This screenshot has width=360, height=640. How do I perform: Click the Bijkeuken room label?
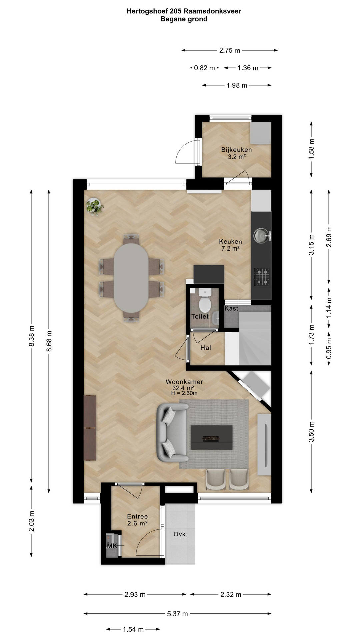236,150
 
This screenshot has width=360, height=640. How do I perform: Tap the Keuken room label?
230,242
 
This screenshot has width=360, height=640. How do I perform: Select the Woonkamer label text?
184,382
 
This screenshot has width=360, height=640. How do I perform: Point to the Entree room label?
137,516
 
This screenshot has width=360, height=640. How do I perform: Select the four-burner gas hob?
262,277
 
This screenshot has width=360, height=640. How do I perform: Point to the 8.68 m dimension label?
49,341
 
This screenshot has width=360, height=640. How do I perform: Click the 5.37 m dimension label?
177,614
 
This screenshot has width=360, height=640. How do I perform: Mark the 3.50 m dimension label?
312,432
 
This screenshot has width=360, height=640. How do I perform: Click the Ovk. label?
180,534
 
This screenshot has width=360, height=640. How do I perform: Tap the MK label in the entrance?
112,546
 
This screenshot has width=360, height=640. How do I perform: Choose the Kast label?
231,308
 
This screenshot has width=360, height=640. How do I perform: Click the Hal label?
206,348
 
